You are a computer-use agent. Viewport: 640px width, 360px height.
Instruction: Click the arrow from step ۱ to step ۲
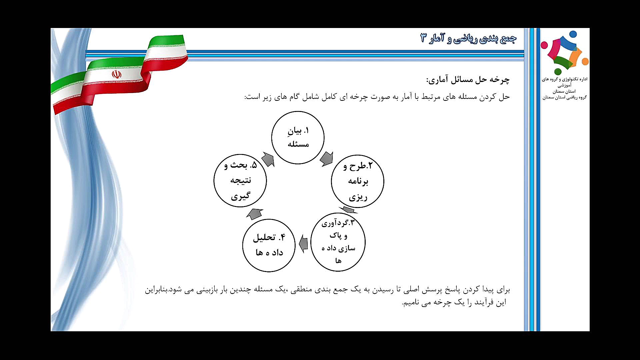pyautogui.click(x=327, y=159)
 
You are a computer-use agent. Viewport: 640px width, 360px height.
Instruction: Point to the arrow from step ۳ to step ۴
pyautogui.click(x=303, y=244)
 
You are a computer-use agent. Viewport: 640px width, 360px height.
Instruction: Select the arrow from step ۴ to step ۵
pyautogui.click(x=255, y=214)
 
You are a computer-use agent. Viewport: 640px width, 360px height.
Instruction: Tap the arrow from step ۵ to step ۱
pyautogui.click(x=268, y=159)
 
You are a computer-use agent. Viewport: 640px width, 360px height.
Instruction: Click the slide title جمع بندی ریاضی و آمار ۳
pyautogui.click(x=468, y=38)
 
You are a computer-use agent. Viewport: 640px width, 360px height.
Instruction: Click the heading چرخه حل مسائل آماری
pyautogui.click(x=468, y=80)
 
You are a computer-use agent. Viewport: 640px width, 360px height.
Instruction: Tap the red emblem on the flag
pyautogui.click(x=116, y=74)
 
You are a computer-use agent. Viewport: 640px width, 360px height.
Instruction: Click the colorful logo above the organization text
pyautogui.click(x=565, y=53)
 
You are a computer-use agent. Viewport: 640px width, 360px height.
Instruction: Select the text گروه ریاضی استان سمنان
pyautogui.click(x=564, y=97)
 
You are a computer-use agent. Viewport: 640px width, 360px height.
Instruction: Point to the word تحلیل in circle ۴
pyautogui.click(x=264, y=237)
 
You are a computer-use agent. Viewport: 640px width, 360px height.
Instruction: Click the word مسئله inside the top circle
pyautogui.click(x=298, y=144)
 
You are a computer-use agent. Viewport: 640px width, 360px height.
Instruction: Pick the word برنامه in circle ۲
pyautogui.click(x=358, y=181)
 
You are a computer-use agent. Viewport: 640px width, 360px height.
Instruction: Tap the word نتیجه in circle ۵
pyautogui.click(x=241, y=180)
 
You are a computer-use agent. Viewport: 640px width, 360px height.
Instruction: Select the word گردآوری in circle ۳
pyautogui.click(x=335, y=223)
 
